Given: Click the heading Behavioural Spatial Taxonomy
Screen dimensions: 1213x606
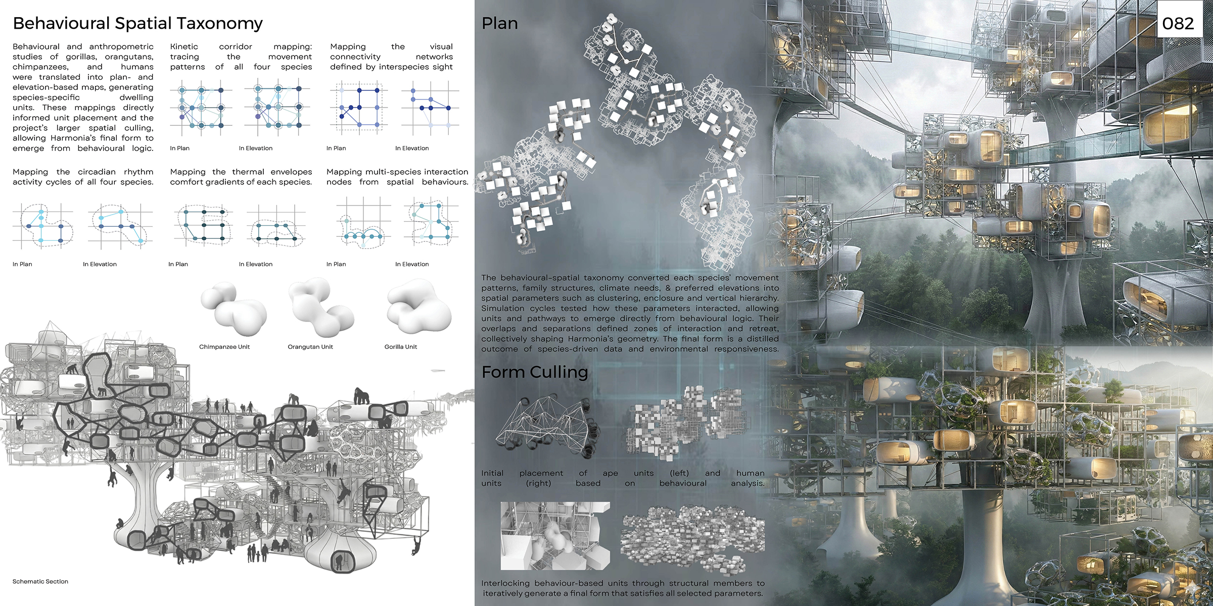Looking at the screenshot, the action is click(x=137, y=24).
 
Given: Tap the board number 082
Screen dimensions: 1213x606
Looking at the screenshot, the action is click(x=1178, y=24).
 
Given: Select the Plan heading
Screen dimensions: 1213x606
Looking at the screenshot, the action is click(x=499, y=23).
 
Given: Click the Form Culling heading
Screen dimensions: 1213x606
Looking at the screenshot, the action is click(x=535, y=373).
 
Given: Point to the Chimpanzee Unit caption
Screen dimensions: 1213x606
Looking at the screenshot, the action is click(x=224, y=347).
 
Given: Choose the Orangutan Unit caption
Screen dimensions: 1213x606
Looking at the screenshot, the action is click(x=310, y=347).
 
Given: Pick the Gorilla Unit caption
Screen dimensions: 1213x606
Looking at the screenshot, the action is click(x=401, y=347).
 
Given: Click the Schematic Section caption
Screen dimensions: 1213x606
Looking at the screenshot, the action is click(x=40, y=582).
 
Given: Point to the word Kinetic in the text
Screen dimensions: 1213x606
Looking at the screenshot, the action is click(x=184, y=46).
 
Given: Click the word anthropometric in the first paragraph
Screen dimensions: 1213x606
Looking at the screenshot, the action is click(x=121, y=46).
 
